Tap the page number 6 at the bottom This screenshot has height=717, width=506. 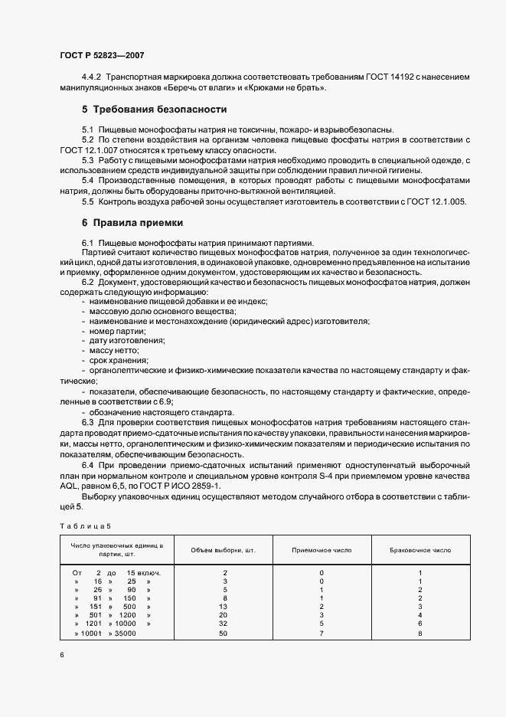click(x=61, y=654)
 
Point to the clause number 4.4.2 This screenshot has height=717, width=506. click(x=92, y=78)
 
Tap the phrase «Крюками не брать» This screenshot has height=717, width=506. click(x=289, y=88)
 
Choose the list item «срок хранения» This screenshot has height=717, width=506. click(x=119, y=360)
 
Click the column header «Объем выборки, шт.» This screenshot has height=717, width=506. click(x=224, y=550)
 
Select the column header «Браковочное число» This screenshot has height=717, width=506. click(x=419, y=550)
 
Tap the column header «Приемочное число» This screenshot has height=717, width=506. click(x=322, y=550)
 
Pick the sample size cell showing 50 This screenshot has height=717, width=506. click(x=224, y=634)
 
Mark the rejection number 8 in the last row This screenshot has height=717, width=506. click(x=419, y=634)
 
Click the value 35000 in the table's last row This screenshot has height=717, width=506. click(x=123, y=634)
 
